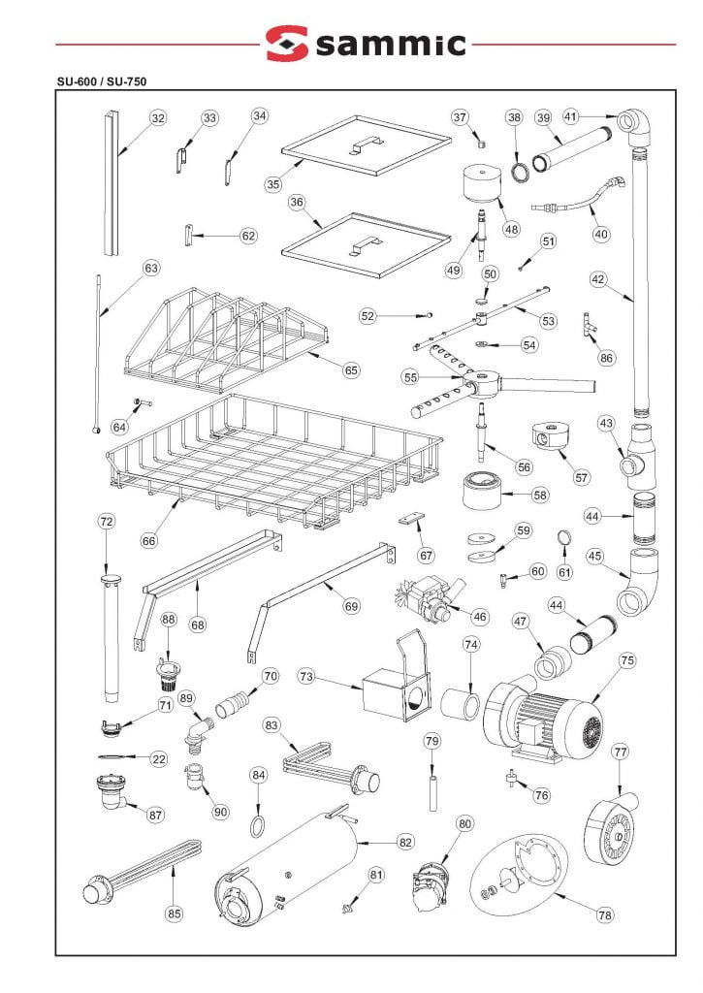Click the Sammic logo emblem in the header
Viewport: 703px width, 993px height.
[x=286, y=44]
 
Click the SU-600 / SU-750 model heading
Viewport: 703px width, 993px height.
[x=102, y=82]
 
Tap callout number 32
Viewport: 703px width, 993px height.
[x=158, y=118]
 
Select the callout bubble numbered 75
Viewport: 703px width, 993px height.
[x=627, y=660]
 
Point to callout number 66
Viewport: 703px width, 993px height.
[x=148, y=540]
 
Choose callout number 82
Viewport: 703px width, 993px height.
[x=405, y=842]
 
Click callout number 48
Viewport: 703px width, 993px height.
[x=511, y=230]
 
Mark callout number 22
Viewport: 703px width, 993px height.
[x=159, y=759]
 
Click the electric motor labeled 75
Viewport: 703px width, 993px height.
[x=543, y=718]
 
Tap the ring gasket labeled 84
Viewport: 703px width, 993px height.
[x=258, y=826]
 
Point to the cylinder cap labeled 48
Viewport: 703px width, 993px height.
[x=482, y=185]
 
